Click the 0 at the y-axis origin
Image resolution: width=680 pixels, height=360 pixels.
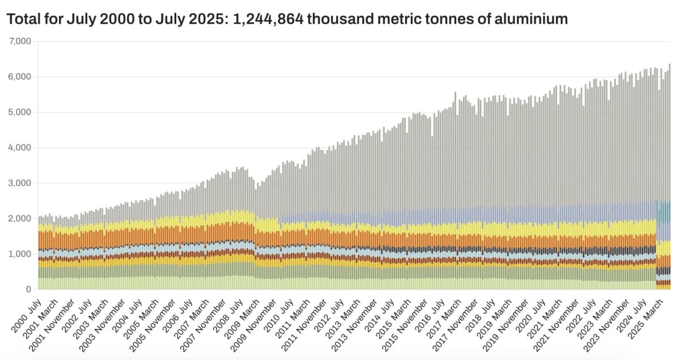27,290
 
